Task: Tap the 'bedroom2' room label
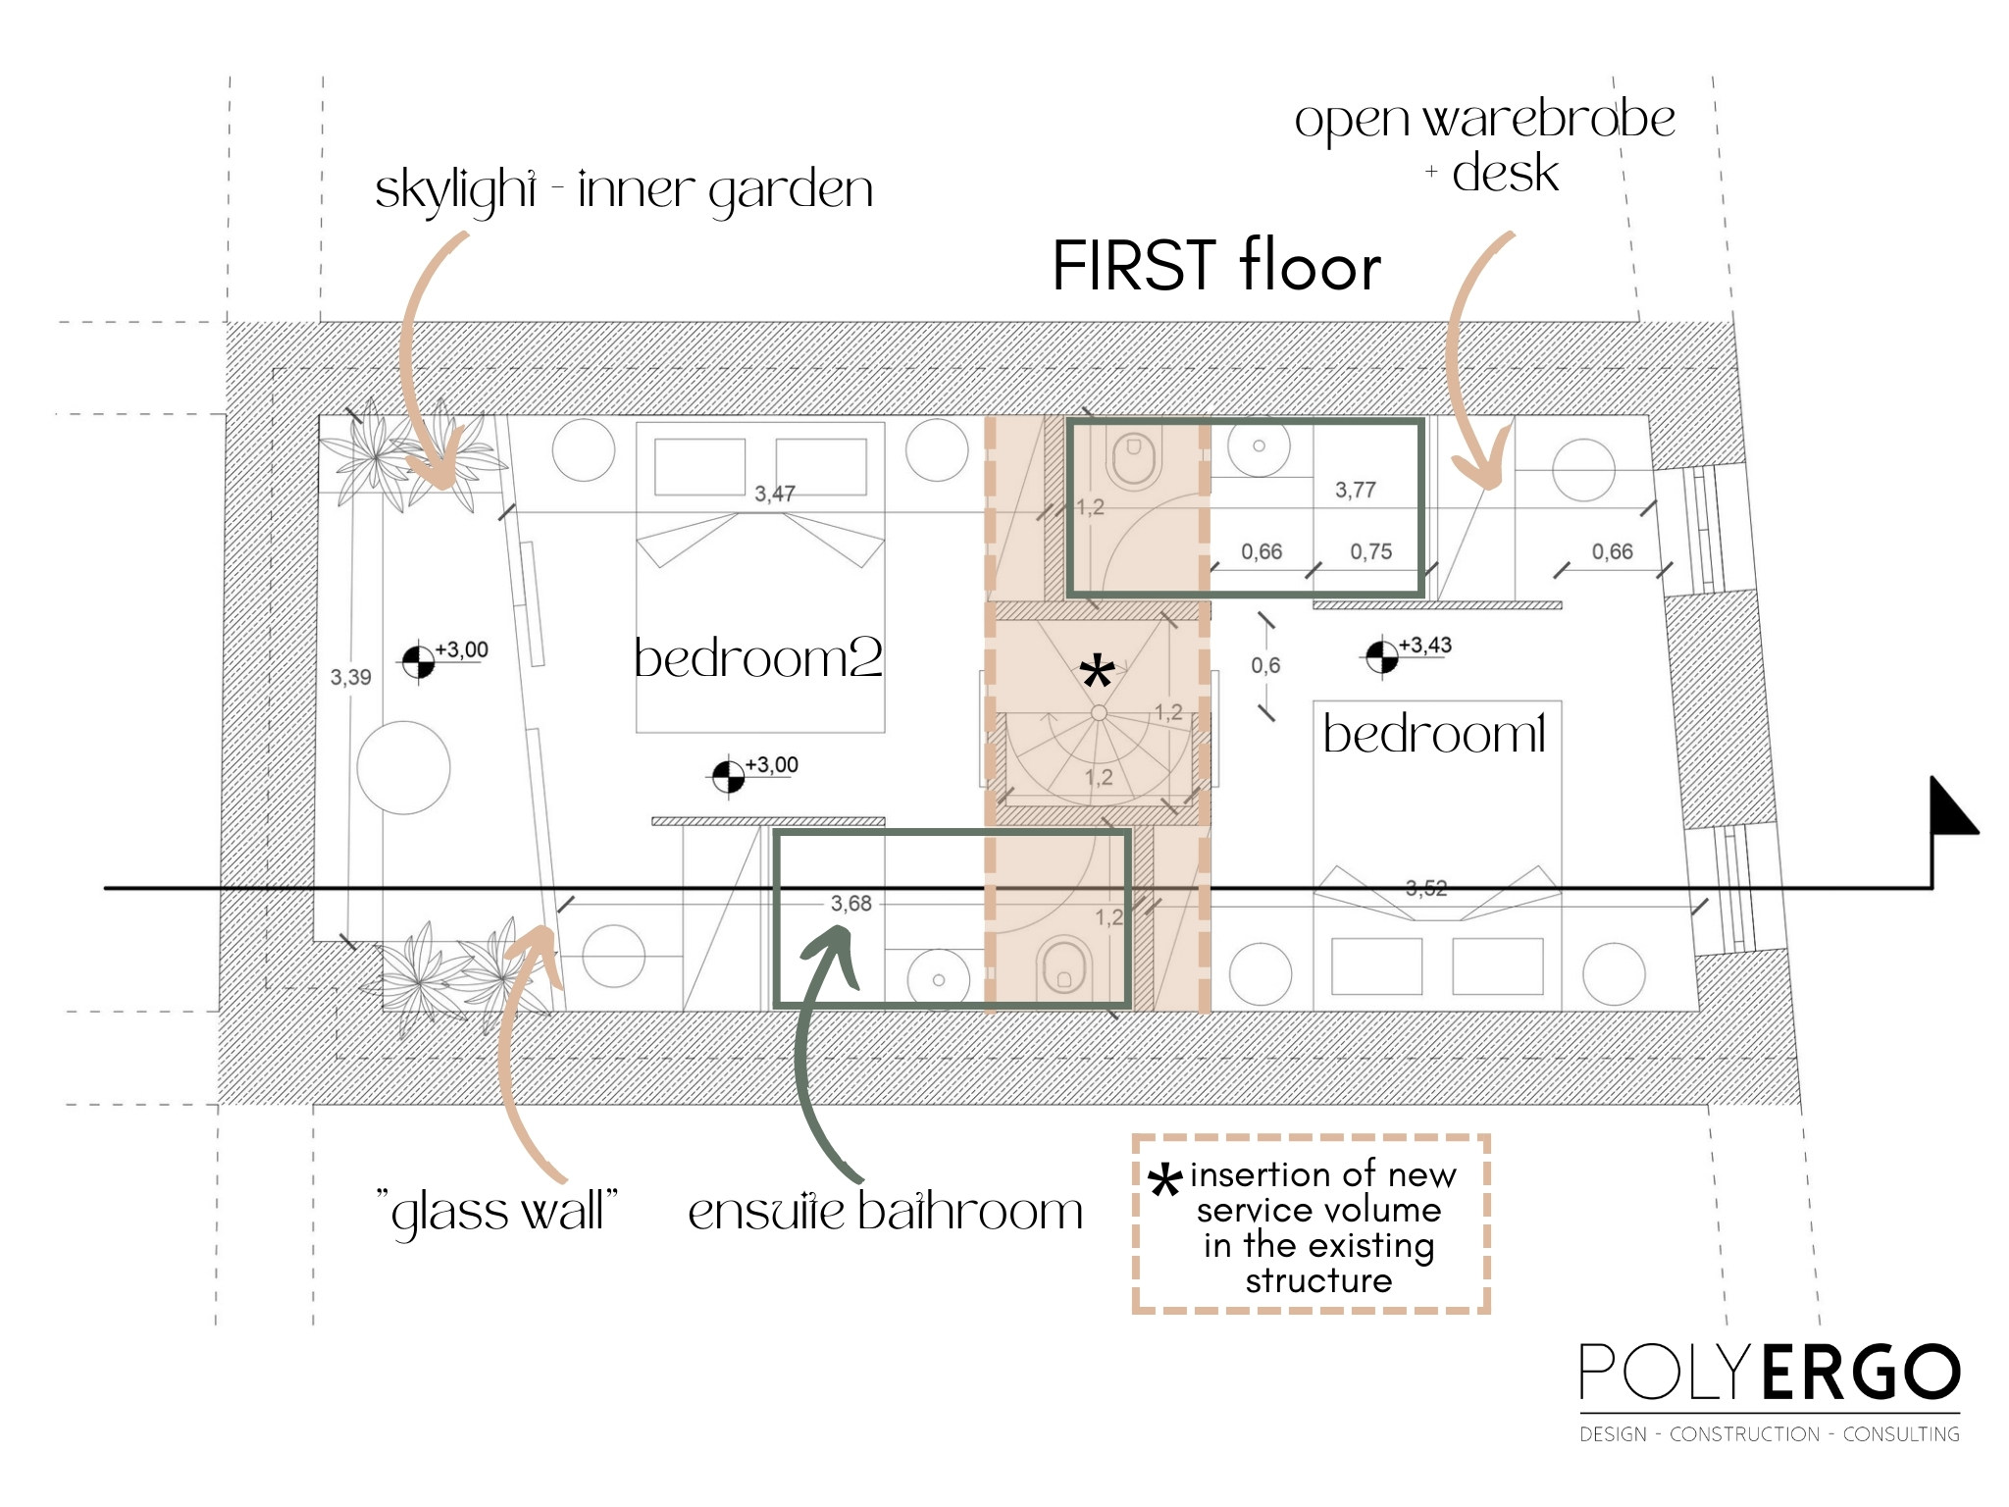(758, 657)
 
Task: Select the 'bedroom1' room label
(1434, 733)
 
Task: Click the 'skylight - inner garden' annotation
(624, 189)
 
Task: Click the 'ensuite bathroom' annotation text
(885, 1211)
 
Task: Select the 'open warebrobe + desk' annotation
(1484, 146)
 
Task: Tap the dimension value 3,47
(775, 494)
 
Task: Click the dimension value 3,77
(1356, 490)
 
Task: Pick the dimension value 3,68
(851, 904)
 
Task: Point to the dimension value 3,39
(350, 677)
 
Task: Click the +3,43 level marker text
(1425, 646)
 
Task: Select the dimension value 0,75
(1371, 551)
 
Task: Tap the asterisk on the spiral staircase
(1097, 673)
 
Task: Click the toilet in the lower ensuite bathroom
(1064, 964)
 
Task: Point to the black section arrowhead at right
(1952, 806)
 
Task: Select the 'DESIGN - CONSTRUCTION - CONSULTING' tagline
(1770, 1434)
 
